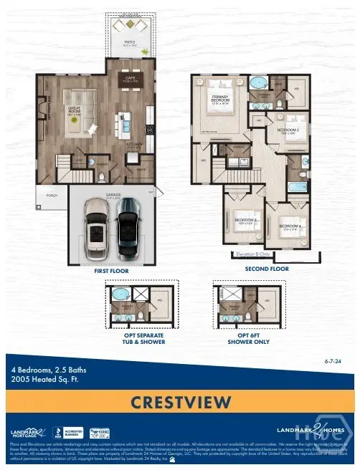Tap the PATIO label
(130, 42)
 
